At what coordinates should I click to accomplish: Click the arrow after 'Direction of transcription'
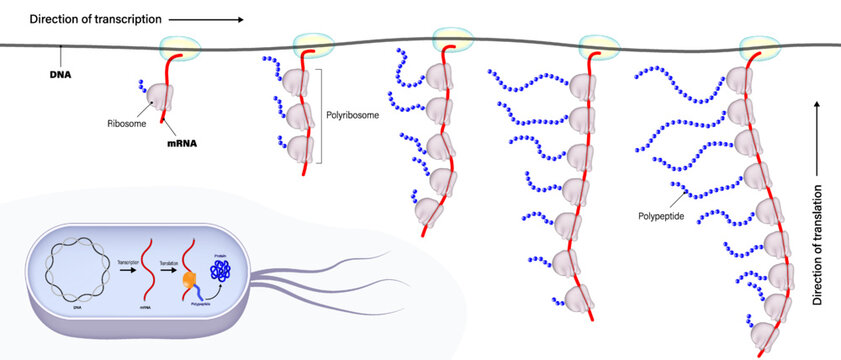point(209,19)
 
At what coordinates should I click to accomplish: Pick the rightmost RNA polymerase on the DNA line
point(757,47)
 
